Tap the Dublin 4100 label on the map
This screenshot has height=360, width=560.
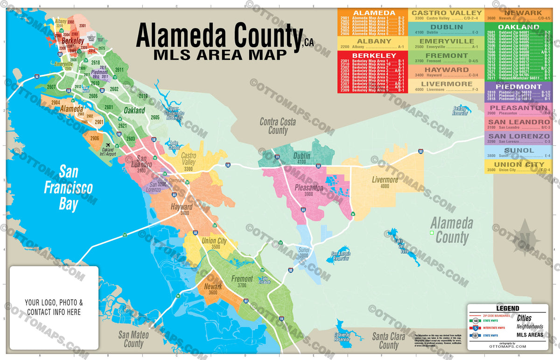(302, 159)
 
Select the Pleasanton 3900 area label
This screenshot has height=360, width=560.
(309, 191)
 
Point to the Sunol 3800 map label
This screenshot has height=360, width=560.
(304, 253)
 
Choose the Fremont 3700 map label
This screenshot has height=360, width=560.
(242, 282)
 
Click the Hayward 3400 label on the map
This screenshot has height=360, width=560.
(182, 210)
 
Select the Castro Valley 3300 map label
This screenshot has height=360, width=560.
(189, 162)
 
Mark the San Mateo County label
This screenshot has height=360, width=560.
(133, 339)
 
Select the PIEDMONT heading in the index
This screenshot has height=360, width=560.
(518, 86)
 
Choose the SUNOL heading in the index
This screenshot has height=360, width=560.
(518, 150)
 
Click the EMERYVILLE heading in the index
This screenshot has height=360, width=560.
(447, 41)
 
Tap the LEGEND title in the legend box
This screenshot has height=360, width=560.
(507, 309)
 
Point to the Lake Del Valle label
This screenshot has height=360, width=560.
(401, 246)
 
